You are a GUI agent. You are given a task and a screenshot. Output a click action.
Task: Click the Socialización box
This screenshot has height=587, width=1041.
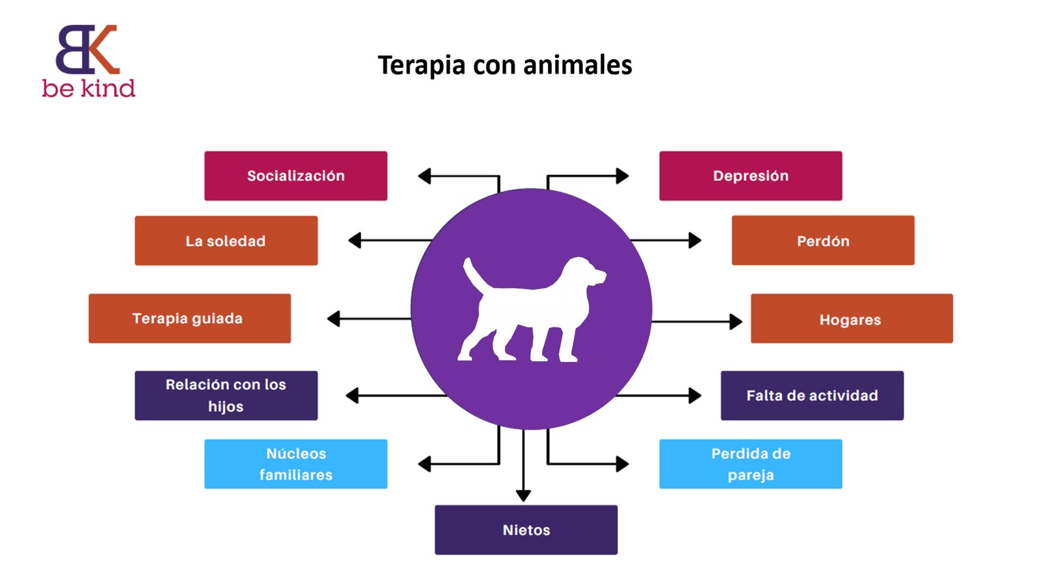click(x=295, y=176)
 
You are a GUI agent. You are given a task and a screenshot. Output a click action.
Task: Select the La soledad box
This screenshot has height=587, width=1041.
click(x=226, y=241)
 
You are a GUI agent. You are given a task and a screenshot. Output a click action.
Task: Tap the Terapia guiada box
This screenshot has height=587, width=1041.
click(x=189, y=318)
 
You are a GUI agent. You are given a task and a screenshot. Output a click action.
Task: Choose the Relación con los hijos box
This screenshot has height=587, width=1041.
click(x=226, y=396)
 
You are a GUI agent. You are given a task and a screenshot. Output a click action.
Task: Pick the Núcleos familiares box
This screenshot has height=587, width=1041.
click(x=295, y=464)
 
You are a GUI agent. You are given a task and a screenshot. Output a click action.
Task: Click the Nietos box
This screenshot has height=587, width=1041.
click(x=526, y=530)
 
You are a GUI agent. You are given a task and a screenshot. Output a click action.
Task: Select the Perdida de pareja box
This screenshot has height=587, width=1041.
click(x=750, y=464)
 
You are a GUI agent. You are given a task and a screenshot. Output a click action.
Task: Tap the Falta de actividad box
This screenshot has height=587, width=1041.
click(x=812, y=396)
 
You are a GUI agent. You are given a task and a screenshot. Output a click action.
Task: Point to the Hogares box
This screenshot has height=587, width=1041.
click(x=851, y=319)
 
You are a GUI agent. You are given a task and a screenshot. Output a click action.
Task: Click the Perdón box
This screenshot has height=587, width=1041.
click(x=822, y=241)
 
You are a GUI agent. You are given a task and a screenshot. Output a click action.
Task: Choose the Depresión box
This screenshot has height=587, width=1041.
click(x=750, y=176)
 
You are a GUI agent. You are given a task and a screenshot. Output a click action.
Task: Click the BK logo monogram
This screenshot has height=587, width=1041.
click(x=87, y=49)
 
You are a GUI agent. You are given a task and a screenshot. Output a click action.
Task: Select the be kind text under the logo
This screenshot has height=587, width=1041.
click(x=88, y=89)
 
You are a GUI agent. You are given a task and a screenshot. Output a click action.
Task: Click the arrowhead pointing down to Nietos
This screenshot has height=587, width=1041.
click(x=523, y=496)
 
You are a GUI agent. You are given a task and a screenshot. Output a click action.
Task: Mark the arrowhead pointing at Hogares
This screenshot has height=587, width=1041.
click(x=736, y=321)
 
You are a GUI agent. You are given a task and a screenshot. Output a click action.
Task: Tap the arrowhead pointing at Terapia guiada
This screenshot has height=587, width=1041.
click(x=334, y=319)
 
